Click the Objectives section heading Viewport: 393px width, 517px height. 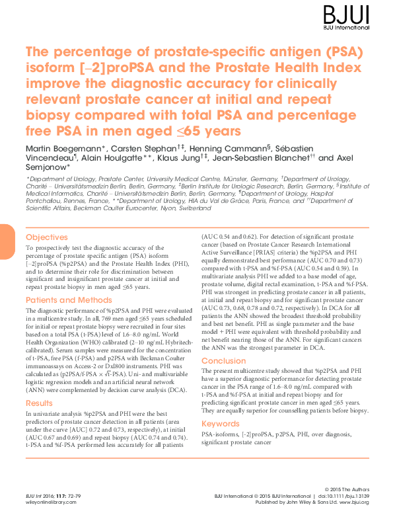click(x=46, y=237)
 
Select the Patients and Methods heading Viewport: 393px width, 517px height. click(x=69, y=300)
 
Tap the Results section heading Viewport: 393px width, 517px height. click(x=40, y=403)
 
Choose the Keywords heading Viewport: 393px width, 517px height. click(x=221, y=423)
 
